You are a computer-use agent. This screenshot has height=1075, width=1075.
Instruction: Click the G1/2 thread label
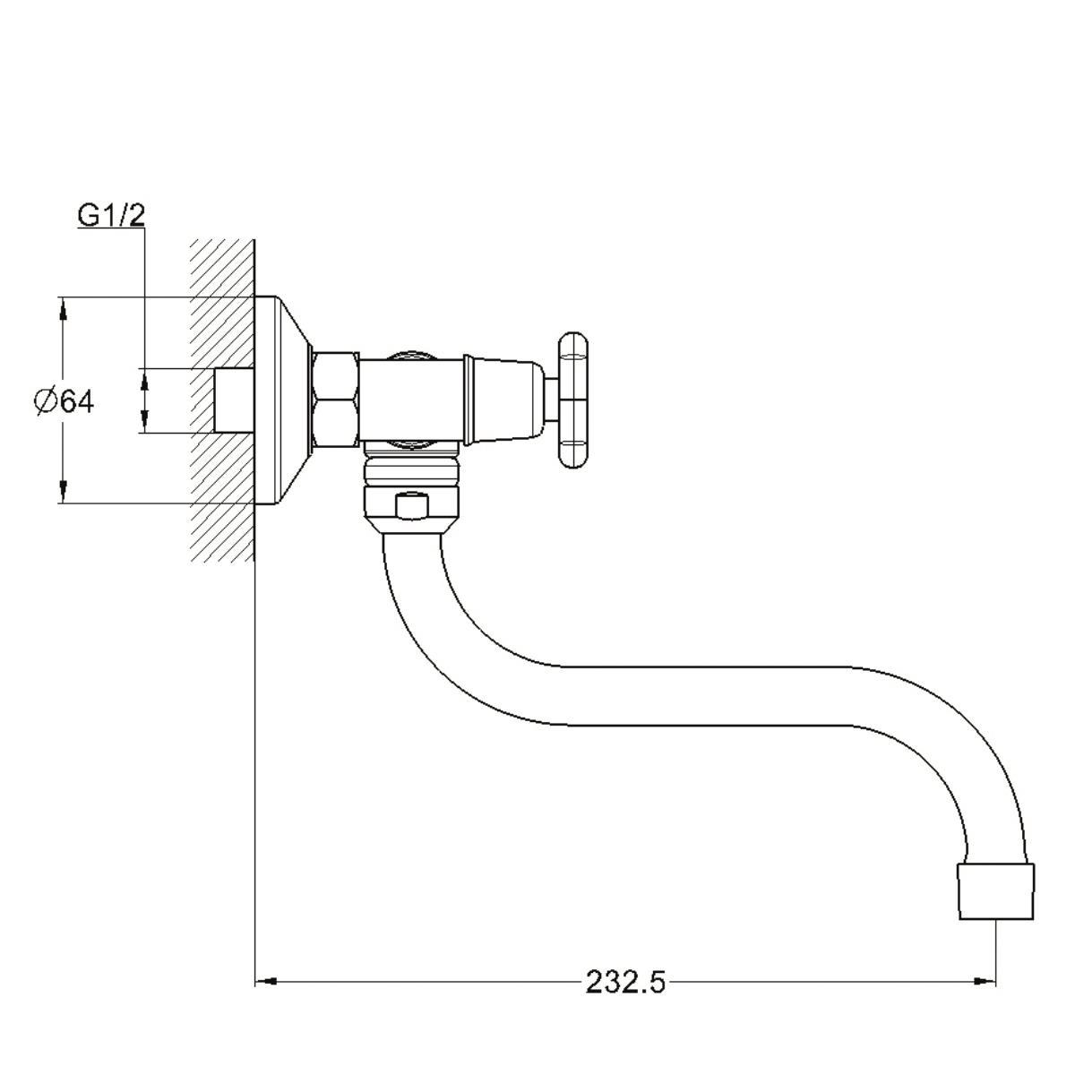click(x=111, y=216)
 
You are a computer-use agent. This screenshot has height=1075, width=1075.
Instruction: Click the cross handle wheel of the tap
click(x=572, y=400)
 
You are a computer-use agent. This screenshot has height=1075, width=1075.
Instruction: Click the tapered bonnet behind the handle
click(x=503, y=400)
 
